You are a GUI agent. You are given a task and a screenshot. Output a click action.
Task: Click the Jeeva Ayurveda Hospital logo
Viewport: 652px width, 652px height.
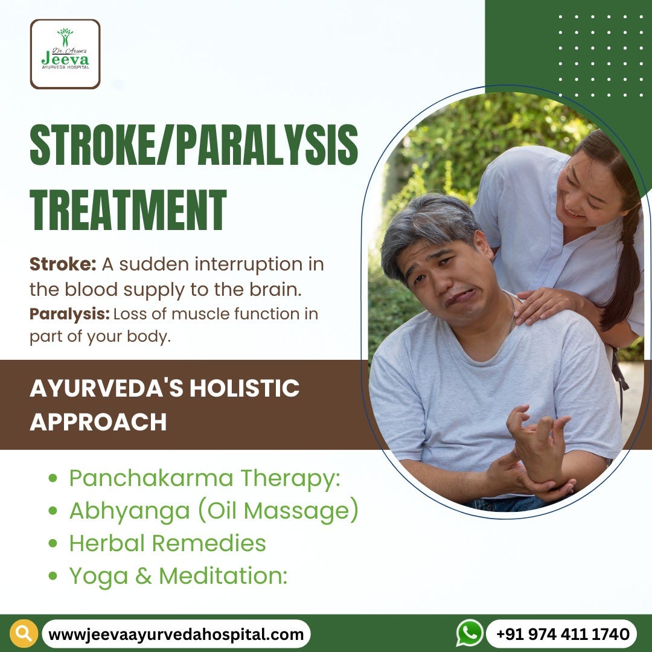(65, 54)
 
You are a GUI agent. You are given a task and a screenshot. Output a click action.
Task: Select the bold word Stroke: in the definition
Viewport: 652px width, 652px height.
(63, 264)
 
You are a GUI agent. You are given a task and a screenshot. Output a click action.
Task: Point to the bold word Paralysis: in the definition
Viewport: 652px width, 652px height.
(69, 314)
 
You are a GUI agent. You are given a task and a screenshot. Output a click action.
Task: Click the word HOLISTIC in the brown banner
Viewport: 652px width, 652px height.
(245, 388)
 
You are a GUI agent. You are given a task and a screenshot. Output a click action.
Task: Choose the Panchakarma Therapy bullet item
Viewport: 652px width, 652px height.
(204, 478)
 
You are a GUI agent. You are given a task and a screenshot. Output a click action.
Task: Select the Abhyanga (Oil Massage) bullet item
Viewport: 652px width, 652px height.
(213, 511)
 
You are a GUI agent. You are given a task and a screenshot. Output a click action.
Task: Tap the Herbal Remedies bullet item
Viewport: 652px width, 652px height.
(167, 543)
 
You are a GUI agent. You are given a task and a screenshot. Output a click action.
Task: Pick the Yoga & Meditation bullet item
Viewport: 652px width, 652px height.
(177, 576)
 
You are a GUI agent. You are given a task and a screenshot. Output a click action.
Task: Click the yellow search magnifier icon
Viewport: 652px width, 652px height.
(24, 634)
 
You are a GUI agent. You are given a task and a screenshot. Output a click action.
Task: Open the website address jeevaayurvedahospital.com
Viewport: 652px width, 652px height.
(176, 634)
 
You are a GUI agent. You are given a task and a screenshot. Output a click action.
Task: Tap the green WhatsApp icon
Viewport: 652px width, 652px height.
(470, 633)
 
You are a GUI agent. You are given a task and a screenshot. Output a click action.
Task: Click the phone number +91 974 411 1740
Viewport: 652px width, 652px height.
(563, 634)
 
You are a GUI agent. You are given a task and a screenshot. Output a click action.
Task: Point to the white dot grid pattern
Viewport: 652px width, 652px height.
(601, 55)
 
